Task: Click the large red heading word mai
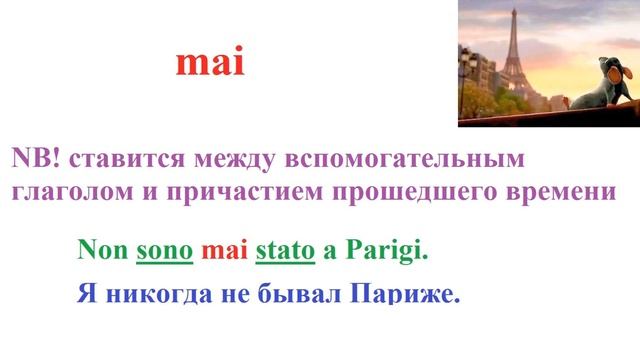(x=210, y=64)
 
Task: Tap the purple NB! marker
(x=34, y=159)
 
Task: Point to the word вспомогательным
(x=406, y=159)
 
